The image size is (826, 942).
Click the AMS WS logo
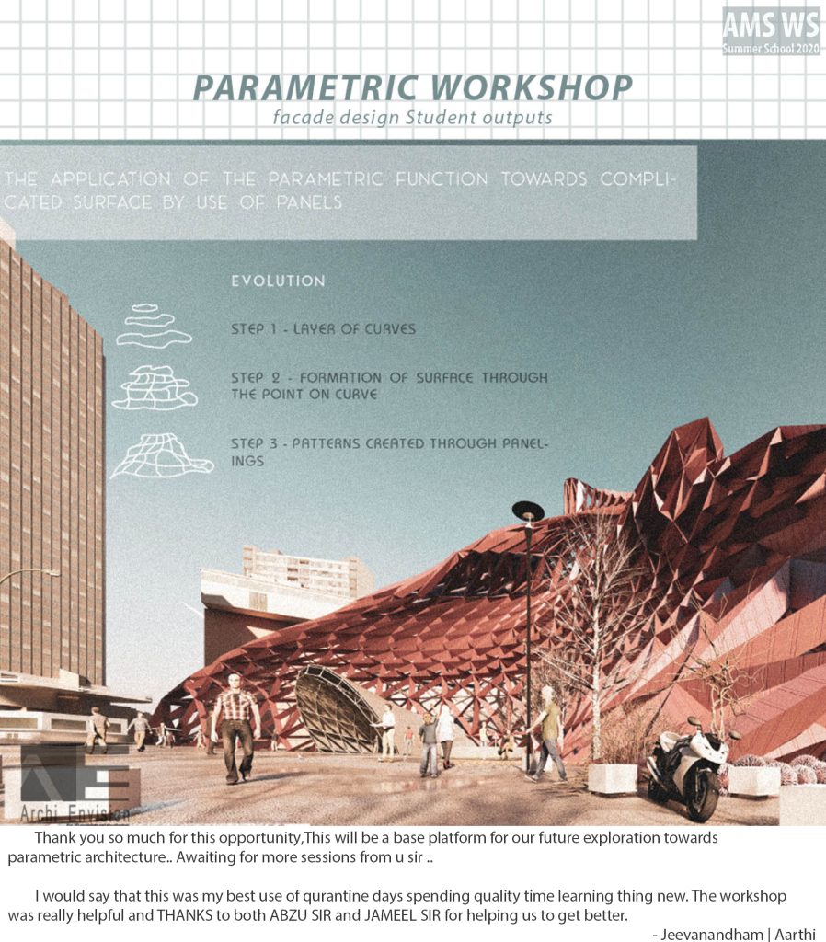pyautogui.click(x=771, y=31)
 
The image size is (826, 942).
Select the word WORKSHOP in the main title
pyautogui.click(x=532, y=88)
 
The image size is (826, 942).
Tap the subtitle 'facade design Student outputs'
pyautogui.click(x=412, y=117)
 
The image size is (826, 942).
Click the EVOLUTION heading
pyautogui.click(x=278, y=281)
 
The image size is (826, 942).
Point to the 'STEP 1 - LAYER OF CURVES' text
pyautogui.click(x=323, y=329)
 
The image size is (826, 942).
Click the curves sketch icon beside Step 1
pyautogui.click(x=154, y=326)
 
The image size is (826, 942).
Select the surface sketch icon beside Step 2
pyautogui.click(x=155, y=387)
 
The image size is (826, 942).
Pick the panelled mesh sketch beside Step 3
pyautogui.click(x=162, y=455)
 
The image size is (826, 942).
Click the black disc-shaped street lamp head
pyautogui.click(x=528, y=511)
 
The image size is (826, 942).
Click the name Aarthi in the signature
pyautogui.click(x=795, y=935)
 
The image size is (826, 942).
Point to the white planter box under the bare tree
pyautogui.click(x=612, y=778)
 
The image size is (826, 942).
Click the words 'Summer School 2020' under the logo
pyautogui.click(x=771, y=49)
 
